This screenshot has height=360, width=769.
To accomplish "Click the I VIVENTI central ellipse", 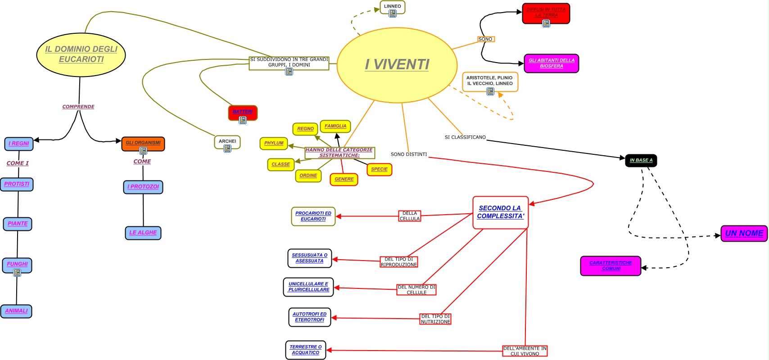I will (397, 65).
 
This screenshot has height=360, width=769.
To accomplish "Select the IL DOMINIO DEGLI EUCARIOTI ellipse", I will (81, 54).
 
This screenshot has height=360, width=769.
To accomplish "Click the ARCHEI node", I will (227, 141).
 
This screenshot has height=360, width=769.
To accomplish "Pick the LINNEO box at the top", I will (392, 6).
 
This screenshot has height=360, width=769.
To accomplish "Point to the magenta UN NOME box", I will (744, 234).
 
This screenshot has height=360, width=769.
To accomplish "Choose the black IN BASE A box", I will (641, 160).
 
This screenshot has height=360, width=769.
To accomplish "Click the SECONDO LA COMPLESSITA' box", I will (500, 212).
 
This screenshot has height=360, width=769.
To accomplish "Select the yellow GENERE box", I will (344, 179).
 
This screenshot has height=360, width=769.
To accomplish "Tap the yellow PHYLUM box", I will (274, 143).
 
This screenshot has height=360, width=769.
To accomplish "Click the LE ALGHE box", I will (143, 233).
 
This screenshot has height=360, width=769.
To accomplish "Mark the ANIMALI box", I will (16, 311).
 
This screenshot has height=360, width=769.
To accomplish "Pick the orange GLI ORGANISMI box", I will (143, 143).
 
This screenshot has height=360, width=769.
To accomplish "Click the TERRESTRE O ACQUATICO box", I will (305, 350).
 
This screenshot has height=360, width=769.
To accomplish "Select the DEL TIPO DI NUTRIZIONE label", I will (435, 319).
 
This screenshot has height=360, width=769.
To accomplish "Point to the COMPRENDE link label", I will (78, 107).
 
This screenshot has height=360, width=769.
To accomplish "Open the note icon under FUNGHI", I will (17, 273).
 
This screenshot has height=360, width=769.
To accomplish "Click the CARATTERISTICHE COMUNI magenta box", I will (611, 265).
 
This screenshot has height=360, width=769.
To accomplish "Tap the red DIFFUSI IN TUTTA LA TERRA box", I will (546, 12).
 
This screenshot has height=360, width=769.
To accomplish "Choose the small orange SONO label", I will (485, 39).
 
